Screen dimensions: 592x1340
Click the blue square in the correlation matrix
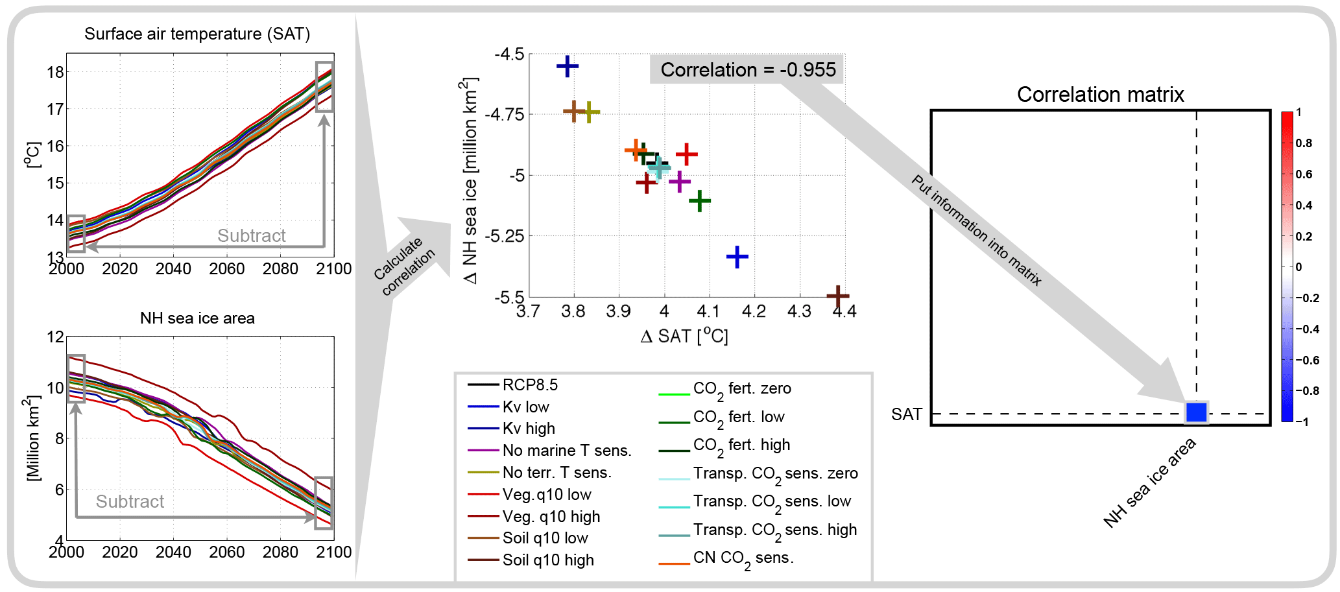coord(1196,412)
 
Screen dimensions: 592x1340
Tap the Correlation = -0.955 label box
coord(747,69)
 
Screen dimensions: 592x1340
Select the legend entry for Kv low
coord(525,407)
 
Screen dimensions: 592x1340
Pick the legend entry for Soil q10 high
coord(547,560)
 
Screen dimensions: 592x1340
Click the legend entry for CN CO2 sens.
coord(743,558)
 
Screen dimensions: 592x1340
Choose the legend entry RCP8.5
coord(529,385)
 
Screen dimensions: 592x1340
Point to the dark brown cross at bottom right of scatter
coord(837,296)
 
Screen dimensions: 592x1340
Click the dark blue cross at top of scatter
coord(568,66)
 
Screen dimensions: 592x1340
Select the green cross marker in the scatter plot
coord(699,201)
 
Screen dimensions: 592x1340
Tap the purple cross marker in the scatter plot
coord(679,182)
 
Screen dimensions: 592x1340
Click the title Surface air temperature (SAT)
coord(197,34)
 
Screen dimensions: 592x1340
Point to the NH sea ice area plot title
coord(197,318)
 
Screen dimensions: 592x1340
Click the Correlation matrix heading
coord(1100,95)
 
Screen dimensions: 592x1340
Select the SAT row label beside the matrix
coord(906,414)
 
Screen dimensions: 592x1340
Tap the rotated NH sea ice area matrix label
coord(1149,483)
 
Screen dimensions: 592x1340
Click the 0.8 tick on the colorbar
coord(1304,143)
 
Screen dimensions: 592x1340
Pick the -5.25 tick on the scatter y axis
coord(504,236)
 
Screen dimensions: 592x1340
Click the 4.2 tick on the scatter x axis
coord(754,312)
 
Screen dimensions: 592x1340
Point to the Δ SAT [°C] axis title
coord(684,336)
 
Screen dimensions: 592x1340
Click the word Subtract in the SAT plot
coord(251,235)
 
